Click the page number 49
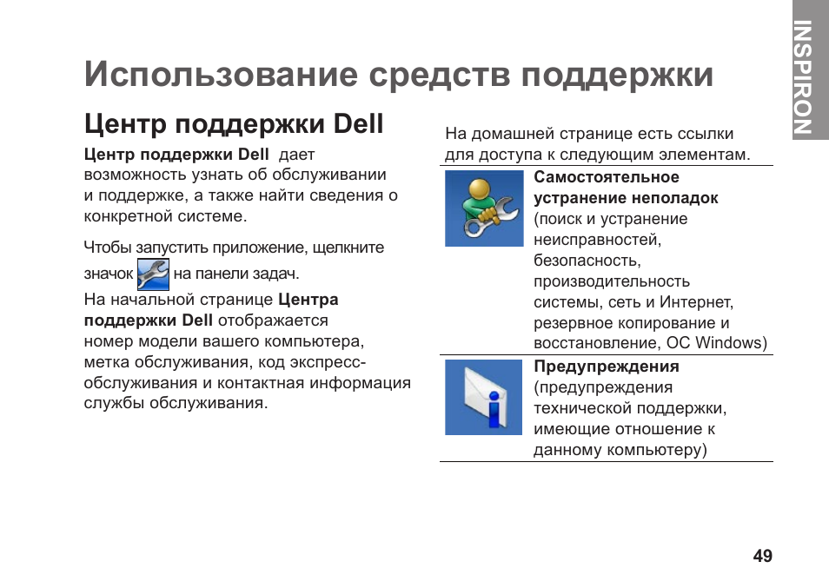(762, 556)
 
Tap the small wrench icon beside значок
(153, 274)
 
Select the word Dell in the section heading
(358, 124)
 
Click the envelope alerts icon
(484, 397)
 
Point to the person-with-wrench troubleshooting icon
(484, 208)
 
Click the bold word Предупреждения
(607, 367)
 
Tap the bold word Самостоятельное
(607, 177)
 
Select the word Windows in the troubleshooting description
(731, 343)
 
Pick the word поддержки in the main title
(617, 75)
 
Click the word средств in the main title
(440, 75)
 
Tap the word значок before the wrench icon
(109, 274)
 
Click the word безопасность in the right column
(587, 261)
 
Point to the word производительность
(612, 281)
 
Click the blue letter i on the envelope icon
(494, 409)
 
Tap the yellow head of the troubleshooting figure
(480, 188)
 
